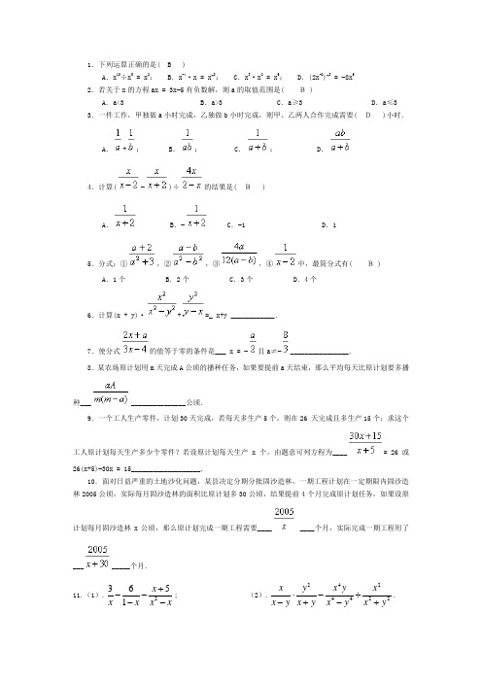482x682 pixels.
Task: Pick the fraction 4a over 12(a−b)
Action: click(238, 254)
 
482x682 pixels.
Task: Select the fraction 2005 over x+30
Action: click(97, 558)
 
